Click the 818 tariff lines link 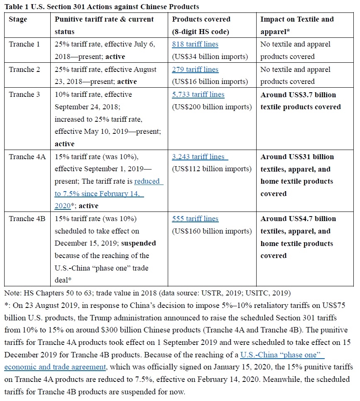tap(195, 44)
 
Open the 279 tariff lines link tap(195, 69)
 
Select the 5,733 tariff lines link tap(198, 94)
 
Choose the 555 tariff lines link tap(195, 219)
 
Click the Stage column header tap(18, 20)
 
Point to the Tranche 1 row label tap(24, 44)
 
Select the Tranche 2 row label tap(24, 69)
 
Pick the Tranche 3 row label tap(24, 94)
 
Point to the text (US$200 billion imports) tap(212, 107)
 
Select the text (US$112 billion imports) tap(212, 169)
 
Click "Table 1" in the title tap(17, 6)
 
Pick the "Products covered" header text tap(201, 20)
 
